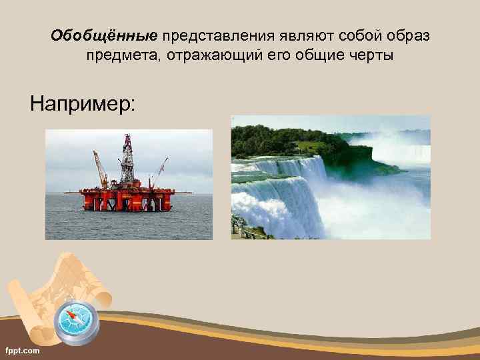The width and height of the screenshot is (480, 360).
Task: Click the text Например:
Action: (82, 103)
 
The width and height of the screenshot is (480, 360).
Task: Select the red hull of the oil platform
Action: (127, 199)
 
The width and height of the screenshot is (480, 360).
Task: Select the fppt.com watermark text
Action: (22, 349)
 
